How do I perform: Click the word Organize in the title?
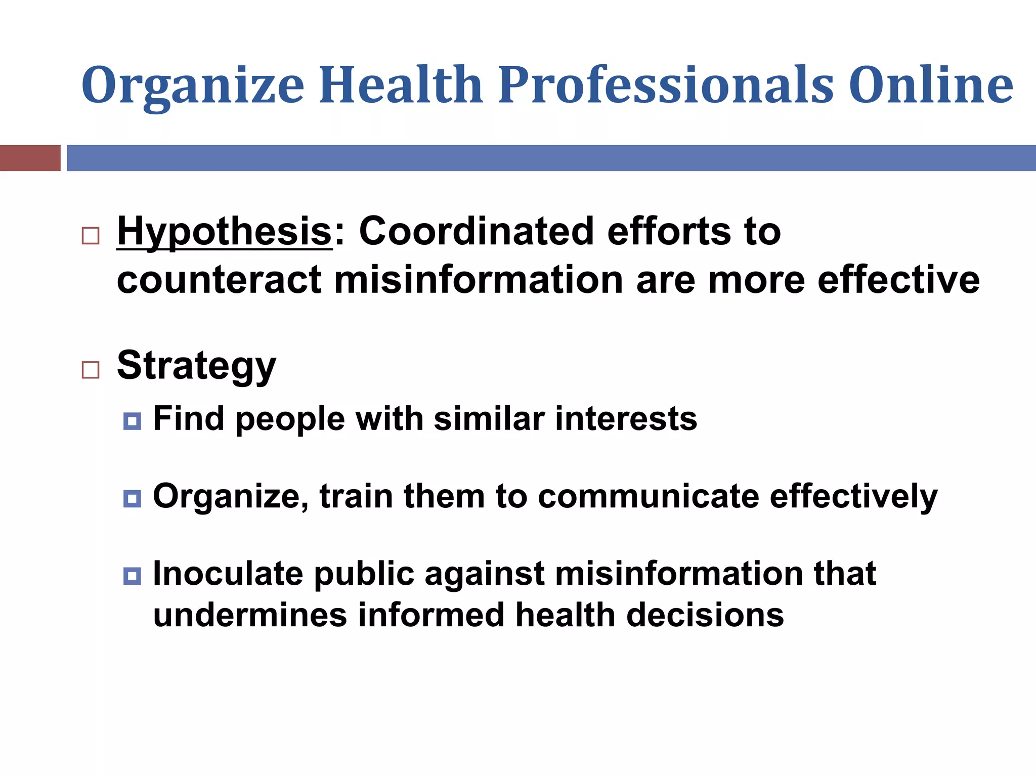pos(192,86)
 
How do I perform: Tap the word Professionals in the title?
pos(665,86)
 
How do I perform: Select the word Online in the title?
pos(931,86)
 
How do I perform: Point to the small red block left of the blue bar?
pos(30,158)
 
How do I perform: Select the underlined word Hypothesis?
pos(224,232)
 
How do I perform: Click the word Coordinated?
pos(476,232)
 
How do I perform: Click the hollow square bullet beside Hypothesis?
pos(91,236)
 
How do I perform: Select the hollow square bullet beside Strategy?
pos(91,370)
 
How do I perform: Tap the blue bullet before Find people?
pos(132,421)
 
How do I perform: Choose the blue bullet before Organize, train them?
pos(132,499)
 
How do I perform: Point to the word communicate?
pos(648,497)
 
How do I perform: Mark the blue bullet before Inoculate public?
pos(132,576)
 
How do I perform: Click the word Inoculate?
pos(228,574)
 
